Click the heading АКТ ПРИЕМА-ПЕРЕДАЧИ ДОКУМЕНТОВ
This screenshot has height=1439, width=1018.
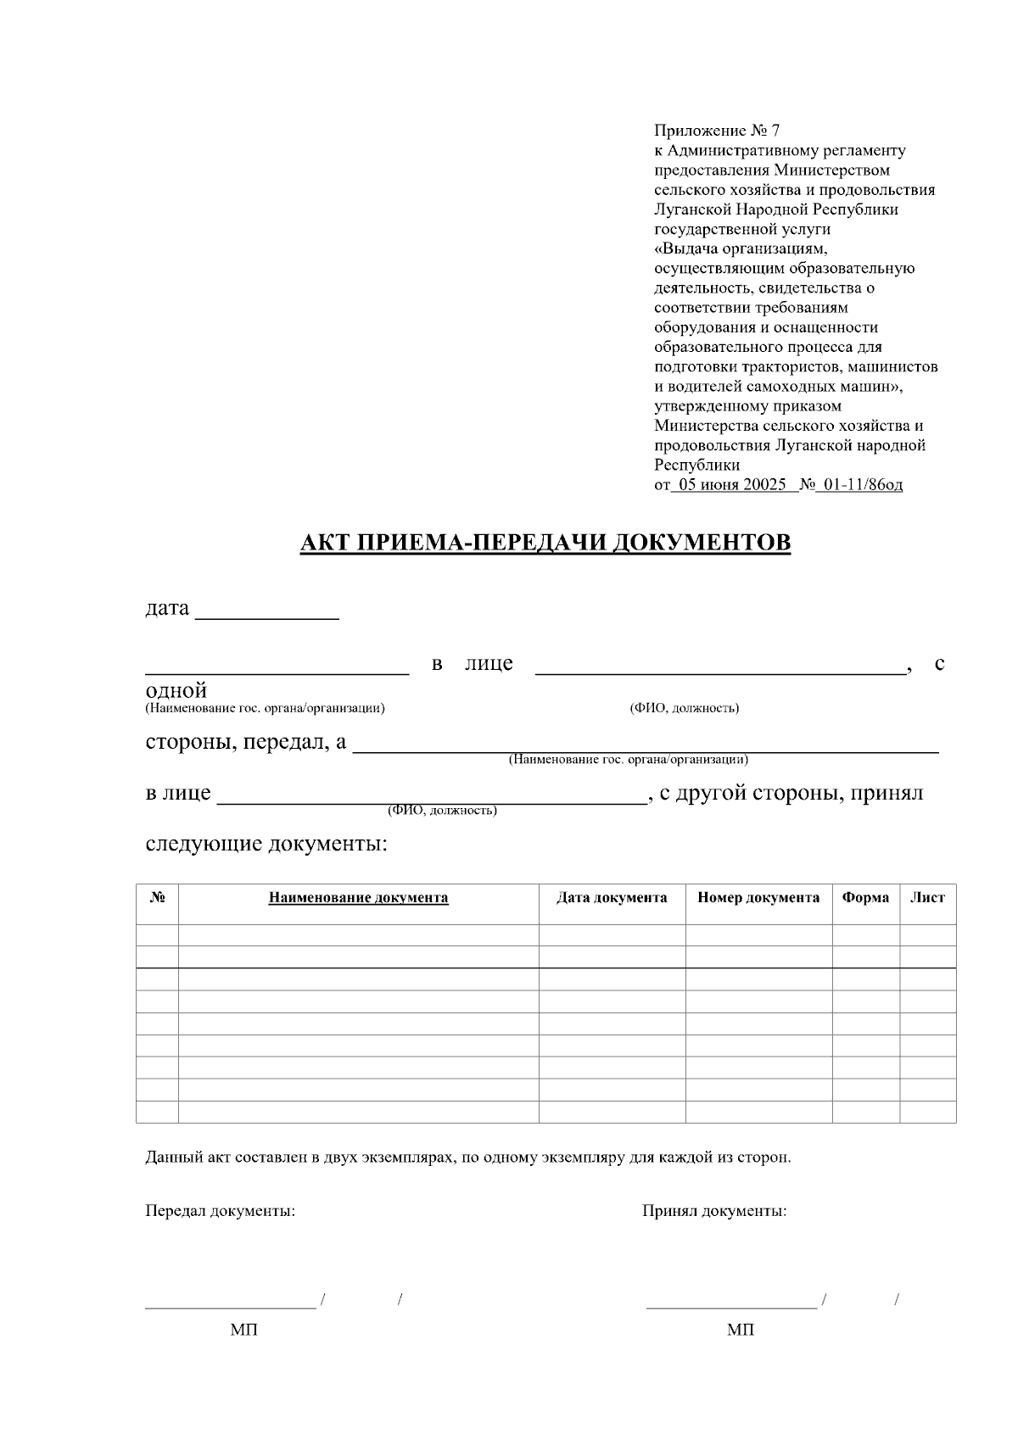[x=545, y=543]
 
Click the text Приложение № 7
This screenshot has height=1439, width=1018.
[x=716, y=131]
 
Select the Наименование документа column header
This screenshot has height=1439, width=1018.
[x=358, y=898]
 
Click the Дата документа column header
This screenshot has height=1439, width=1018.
[x=612, y=898]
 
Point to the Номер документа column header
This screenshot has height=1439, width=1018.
[x=758, y=898]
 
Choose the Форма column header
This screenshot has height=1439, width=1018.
[x=865, y=898]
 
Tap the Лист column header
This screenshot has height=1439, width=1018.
[x=927, y=898]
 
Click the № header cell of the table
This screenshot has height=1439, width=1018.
[x=157, y=898]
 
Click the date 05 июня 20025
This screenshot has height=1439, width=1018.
[x=728, y=485]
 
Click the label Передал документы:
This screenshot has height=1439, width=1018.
[x=220, y=1211]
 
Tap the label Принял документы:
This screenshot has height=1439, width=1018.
[x=713, y=1211]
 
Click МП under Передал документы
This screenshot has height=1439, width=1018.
[x=243, y=1330]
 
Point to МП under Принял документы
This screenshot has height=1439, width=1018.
[x=740, y=1330]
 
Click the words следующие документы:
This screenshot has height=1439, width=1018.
[x=266, y=845]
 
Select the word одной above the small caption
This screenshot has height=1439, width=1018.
[x=176, y=690]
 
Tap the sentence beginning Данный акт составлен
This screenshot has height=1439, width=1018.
[x=467, y=1157]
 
